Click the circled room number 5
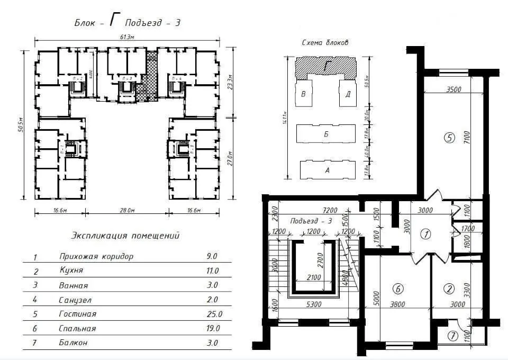pyautogui.click(x=449, y=138)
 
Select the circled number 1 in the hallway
pyautogui.click(x=424, y=233)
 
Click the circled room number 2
pyautogui.click(x=449, y=289)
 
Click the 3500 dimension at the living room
pyautogui.click(x=453, y=89)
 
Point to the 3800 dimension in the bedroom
pyautogui.click(x=397, y=304)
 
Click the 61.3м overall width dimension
pyautogui.click(x=126, y=37)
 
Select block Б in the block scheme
pyautogui.click(x=326, y=134)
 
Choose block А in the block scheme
pyautogui.click(x=326, y=170)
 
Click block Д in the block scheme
pyautogui.click(x=348, y=95)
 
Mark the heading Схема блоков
pyautogui.click(x=324, y=43)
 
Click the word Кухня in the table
pyautogui.click(x=71, y=271)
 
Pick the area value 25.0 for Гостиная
pyautogui.click(x=214, y=314)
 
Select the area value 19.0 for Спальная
pyautogui.click(x=213, y=328)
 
